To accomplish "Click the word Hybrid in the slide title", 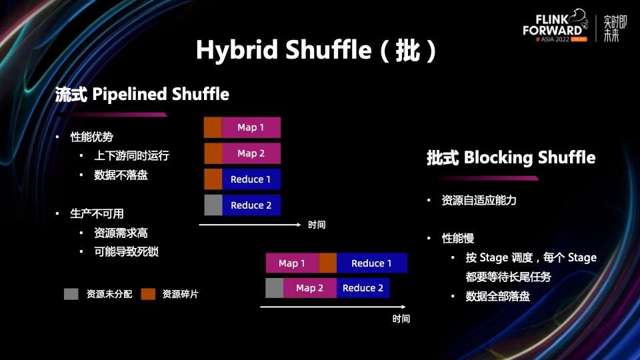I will [x=237, y=51].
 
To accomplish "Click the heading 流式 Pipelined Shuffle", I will [x=142, y=95].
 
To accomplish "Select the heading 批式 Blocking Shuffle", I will [x=511, y=158].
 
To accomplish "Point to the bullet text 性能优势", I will [x=92, y=137].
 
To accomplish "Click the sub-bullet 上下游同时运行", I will [x=131, y=156].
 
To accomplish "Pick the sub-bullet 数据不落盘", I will [x=121, y=175].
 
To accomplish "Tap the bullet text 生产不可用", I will [x=97, y=214].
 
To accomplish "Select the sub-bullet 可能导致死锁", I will [x=127, y=252].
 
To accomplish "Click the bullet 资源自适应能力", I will [x=479, y=200].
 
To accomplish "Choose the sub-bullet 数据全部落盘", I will [x=497, y=297].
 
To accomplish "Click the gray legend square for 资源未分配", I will [x=71, y=294].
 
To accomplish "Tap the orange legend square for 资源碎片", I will [x=148, y=294].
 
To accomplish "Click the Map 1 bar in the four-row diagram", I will [x=251, y=127].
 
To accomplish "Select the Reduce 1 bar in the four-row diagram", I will [x=251, y=179].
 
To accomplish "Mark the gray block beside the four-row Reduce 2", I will [x=213, y=205].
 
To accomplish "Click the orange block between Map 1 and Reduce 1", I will [x=327, y=263].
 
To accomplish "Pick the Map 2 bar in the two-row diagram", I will [x=309, y=288].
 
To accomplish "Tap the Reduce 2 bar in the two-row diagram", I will [x=363, y=288].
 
